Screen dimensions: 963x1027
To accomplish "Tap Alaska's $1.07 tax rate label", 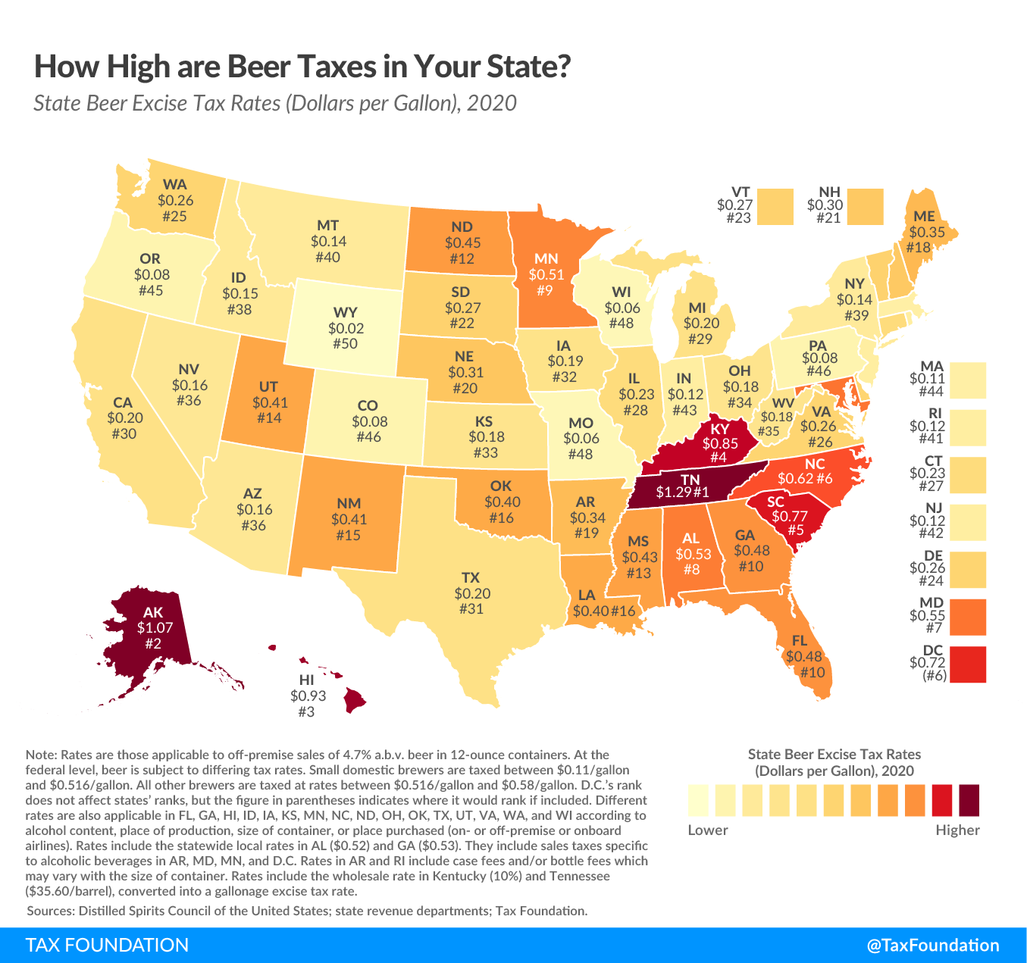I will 155,627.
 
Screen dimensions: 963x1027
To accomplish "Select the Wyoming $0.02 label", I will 346,329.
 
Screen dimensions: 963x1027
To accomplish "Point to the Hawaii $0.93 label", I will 306,696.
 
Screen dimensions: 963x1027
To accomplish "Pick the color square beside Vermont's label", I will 775,207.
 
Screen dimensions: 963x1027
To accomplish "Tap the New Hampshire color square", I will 865,207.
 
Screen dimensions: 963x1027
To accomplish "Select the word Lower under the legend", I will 708,830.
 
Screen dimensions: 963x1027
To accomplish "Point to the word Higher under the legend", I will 957,830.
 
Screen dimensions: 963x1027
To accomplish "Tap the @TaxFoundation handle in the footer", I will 933,945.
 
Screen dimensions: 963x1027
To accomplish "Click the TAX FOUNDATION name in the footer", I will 108,945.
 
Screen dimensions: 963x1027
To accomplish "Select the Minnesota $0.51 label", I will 546,274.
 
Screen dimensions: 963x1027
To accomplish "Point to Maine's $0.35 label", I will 927,232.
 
